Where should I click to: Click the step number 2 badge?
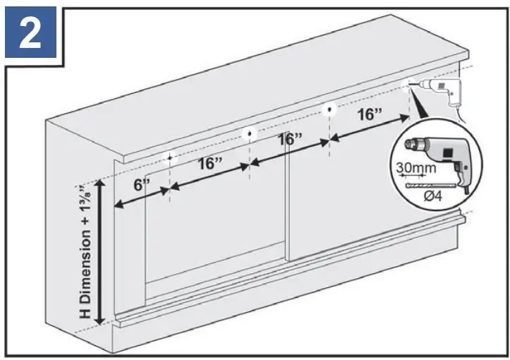point(30,34)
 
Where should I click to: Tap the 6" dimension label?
point(142,186)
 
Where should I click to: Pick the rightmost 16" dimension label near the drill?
point(370,114)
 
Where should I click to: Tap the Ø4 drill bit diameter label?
point(434,195)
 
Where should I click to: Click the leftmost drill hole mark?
point(169,157)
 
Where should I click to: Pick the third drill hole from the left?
point(329,109)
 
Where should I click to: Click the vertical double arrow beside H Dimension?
point(102,251)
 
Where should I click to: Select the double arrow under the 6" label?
point(141,198)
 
